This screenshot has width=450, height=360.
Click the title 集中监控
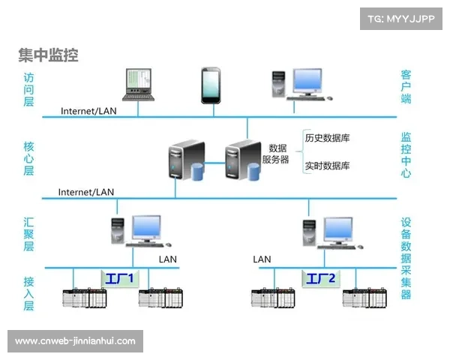pyautogui.click(x=48, y=55)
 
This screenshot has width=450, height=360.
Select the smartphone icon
pyautogui.click(x=211, y=85)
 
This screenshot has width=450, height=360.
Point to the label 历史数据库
pyautogui.click(x=327, y=138)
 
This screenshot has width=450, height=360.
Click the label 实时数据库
pyautogui.click(x=327, y=166)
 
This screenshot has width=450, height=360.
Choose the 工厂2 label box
pyautogui.click(x=322, y=279)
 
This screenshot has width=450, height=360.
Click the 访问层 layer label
pyautogui.click(x=29, y=88)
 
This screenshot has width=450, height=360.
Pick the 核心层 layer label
pyautogui.click(x=29, y=158)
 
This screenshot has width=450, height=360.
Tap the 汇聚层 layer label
pyautogui.click(x=29, y=234)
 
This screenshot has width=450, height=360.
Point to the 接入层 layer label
pyautogui.click(x=29, y=293)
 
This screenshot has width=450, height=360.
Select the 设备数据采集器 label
pyautogui.click(x=406, y=258)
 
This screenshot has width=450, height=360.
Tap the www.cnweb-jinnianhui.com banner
pyautogui.click(x=75, y=341)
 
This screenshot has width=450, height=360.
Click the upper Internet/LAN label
pyautogui.click(x=89, y=111)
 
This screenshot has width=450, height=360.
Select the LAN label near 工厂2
pyautogui.click(x=262, y=259)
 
